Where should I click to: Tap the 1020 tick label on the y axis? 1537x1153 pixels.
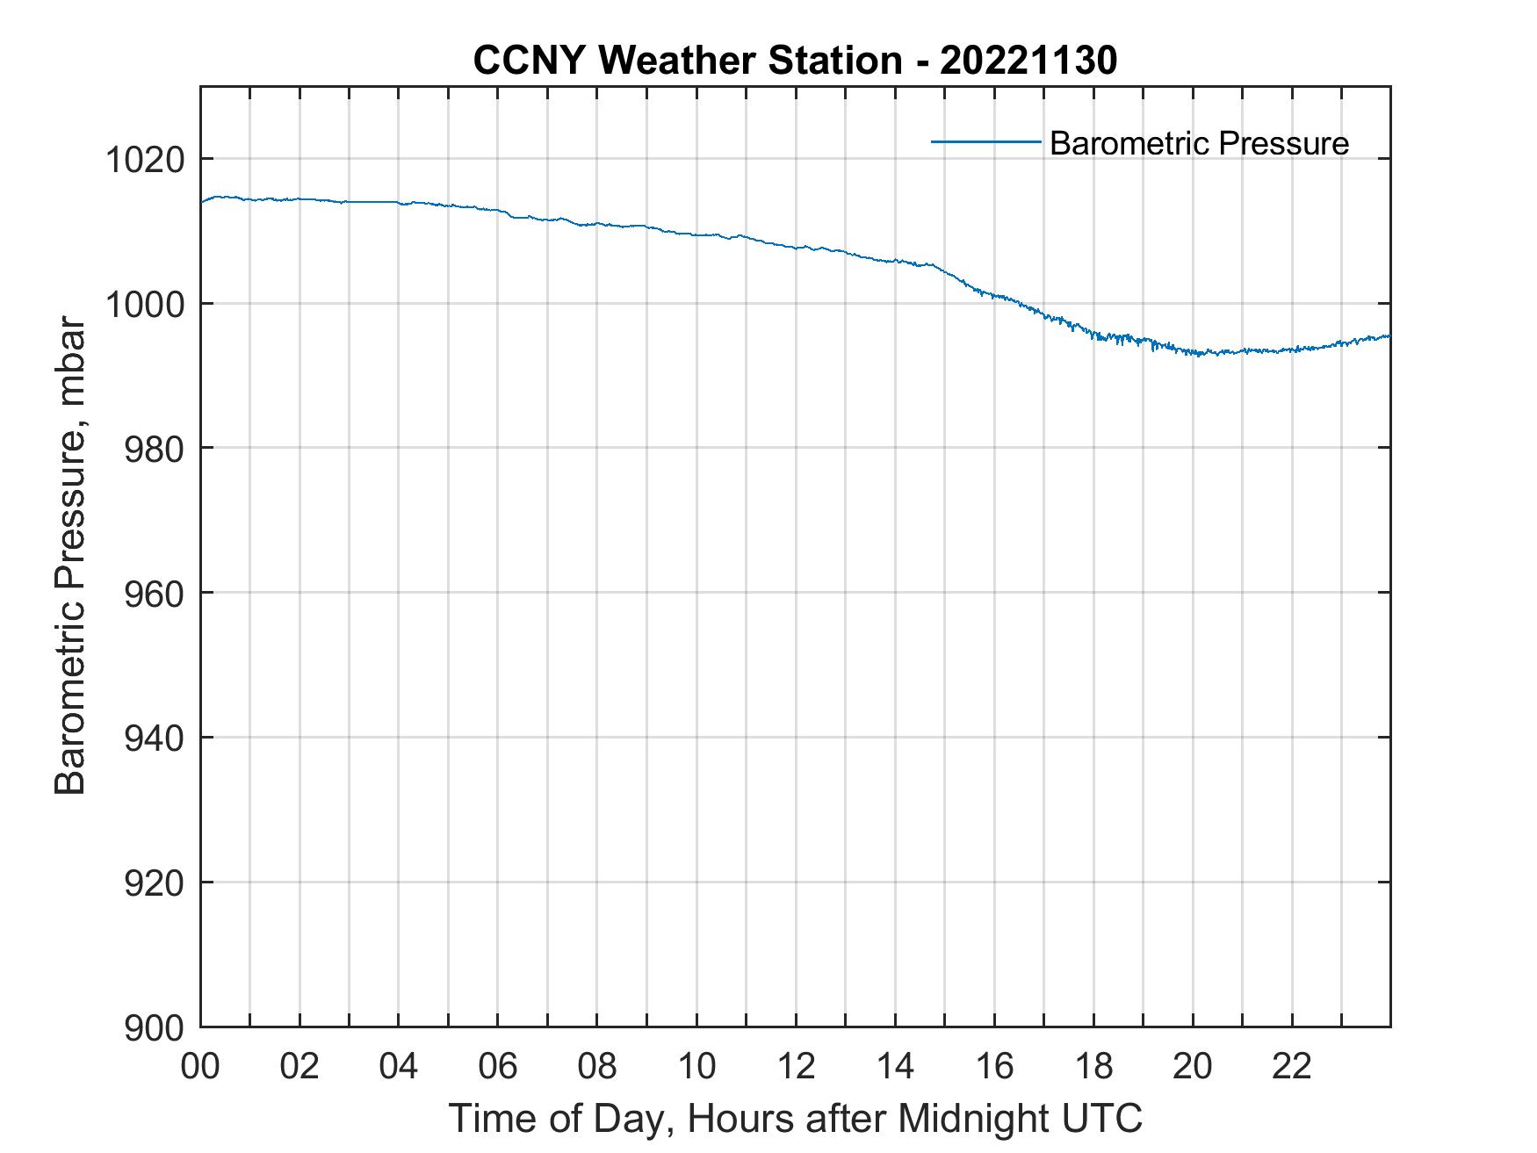pyautogui.click(x=145, y=160)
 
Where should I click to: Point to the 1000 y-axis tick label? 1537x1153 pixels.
pyautogui.click(x=145, y=305)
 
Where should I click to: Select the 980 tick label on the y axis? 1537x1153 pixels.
pyautogui.click(x=155, y=449)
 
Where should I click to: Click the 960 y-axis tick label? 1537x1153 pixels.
pyautogui.click(x=155, y=594)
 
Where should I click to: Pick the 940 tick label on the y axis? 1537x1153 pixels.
pyautogui.click(x=155, y=738)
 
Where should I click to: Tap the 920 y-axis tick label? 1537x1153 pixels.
pyautogui.click(x=155, y=883)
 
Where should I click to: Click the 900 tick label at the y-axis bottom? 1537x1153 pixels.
pyautogui.click(x=155, y=1027)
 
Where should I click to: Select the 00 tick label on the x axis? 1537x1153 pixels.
pyautogui.click(x=200, y=1066)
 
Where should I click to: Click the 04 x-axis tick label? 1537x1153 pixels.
pyautogui.click(x=399, y=1066)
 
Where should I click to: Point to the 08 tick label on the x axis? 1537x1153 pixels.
pyautogui.click(x=597, y=1066)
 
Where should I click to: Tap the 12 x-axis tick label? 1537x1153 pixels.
pyautogui.click(x=796, y=1066)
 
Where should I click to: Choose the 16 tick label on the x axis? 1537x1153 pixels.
pyautogui.click(x=994, y=1066)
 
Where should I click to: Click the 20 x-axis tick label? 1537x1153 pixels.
pyautogui.click(x=1193, y=1066)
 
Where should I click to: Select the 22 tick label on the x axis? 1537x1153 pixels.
pyautogui.click(x=1292, y=1066)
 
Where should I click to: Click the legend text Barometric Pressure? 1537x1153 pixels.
pyautogui.click(x=1199, y=143)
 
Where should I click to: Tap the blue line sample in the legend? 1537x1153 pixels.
pyautogui.click(x=985, y=141)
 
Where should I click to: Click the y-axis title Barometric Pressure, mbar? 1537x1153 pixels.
pyautogui.click(x=70, y=556)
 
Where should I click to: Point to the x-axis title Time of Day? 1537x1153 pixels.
pyautogui.click(x=795, y=1119)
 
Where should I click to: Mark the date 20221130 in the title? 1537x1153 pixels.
pyautogui.click(x=1028, y=61)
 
